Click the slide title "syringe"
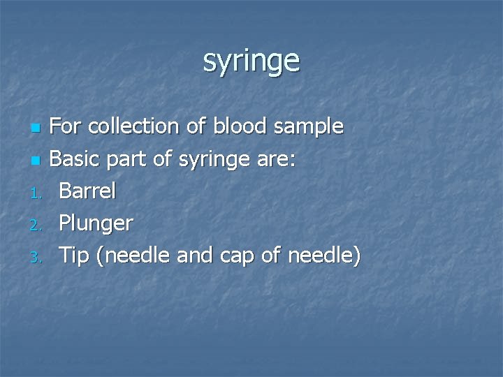click(x=251, y=61)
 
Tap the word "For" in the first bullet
click(x=66, y=126)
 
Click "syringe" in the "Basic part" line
click(x=209, y=160)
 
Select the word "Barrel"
click(x=87, y=191)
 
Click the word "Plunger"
click(x=96, y=224)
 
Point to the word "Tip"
click(x=74, y=256)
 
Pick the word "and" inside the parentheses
click(x=194, y=256)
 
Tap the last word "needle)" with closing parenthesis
click(x=323, y=256)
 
